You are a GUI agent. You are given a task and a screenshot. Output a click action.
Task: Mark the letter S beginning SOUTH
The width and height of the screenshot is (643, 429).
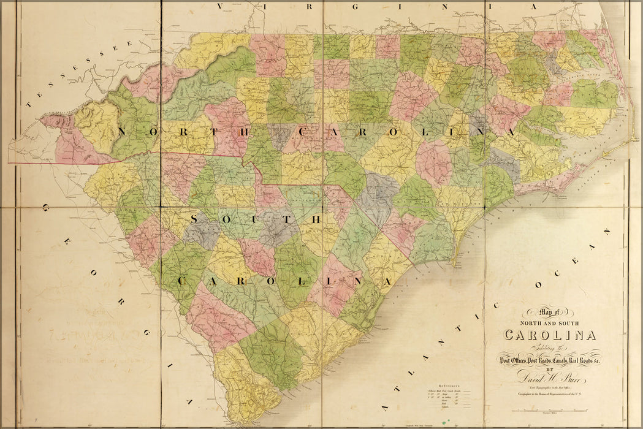[x=196, y=219]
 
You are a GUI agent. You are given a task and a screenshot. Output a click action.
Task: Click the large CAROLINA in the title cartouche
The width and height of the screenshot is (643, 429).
[x=549, y=335]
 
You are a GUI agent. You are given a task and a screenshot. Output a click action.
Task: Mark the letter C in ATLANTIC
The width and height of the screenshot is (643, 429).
[x=495, y=306]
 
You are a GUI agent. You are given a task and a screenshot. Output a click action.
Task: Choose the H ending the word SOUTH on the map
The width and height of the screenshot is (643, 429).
[x=316, y=219]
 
